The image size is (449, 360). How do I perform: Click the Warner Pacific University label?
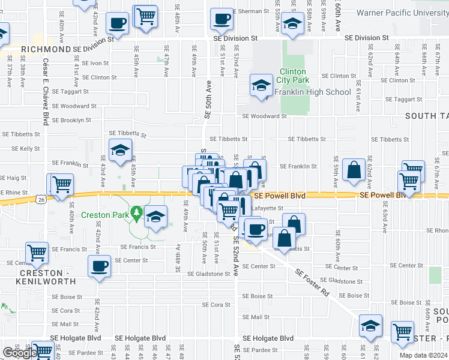tap(402, 12)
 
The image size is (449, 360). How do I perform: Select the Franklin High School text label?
tap(312, 92)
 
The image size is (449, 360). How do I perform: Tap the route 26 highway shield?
tap(40, 199)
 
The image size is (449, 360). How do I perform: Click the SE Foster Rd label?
tap(312, 283)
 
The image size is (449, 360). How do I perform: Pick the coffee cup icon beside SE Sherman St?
tap(221, 18)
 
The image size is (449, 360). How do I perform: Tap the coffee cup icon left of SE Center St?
tap(99, 266)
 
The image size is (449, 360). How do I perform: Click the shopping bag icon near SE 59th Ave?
tap(353, 168)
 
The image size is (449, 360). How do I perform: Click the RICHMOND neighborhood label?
tap(46, 49)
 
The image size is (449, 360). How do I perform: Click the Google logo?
tap(19, 353)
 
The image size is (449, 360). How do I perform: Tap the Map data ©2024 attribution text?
tap(423, 355)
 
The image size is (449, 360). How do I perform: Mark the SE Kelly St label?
tap(26, 148)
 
